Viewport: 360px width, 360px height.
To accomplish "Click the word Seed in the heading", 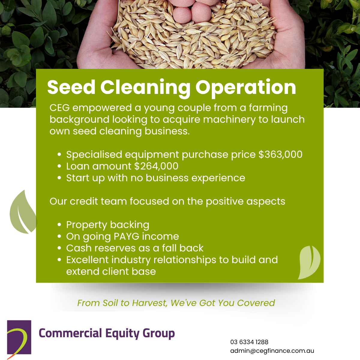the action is point(71,87).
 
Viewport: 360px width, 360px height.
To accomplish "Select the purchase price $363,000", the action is point(280,154).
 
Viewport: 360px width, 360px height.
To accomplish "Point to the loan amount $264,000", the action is point(156,166).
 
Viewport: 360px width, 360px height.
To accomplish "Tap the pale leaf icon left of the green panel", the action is point(23,213).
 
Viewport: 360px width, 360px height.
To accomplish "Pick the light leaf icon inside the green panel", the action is point(309,262).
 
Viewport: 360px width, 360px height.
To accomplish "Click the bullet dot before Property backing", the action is point(59,225).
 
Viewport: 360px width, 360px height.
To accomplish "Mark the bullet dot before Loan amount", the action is point(59,166).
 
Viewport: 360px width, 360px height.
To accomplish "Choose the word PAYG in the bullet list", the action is point(126,236).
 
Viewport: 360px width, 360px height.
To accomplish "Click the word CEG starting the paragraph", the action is point(59,108).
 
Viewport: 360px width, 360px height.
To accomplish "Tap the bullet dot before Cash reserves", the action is point(59,248).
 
